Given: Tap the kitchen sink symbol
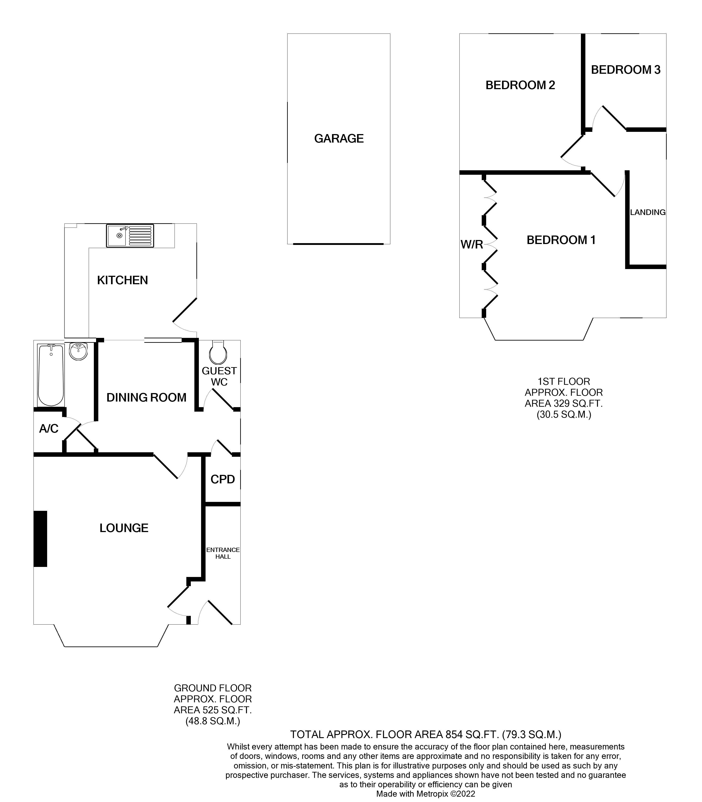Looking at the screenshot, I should click(130, 236).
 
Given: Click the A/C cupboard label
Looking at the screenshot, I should click(48, 429).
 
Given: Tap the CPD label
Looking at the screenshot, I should click(223, 479).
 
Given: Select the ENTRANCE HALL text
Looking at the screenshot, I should click(223, 553).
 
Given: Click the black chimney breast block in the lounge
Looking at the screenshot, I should click(40, 539).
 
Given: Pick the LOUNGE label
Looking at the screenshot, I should click(124, 528).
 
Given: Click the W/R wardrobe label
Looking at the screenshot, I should click(472, 244).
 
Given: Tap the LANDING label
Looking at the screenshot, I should click(647, 212).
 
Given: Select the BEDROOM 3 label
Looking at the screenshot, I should click(626, 70).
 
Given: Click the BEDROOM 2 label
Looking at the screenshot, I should click(520, 85).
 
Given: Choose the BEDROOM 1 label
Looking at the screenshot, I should click(561, 240).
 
